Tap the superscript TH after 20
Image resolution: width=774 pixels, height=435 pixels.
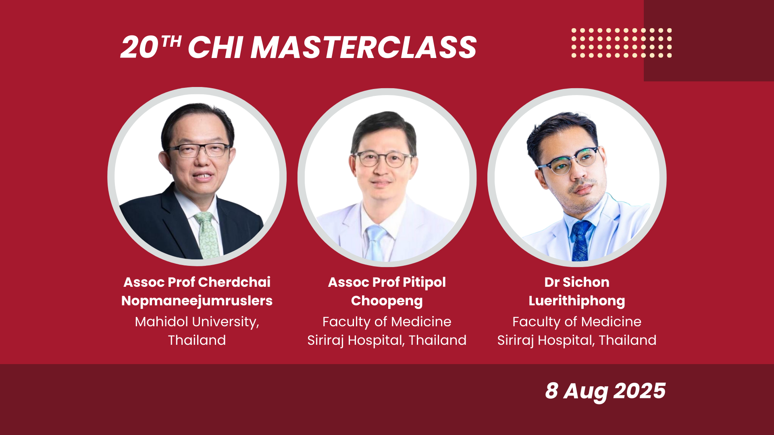tap(171, 41)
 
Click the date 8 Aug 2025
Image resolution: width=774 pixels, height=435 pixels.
tap(605, 391)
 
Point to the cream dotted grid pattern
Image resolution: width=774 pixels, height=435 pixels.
tap(621, 43)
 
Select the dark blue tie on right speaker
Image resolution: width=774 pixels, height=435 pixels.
tap(580, 242)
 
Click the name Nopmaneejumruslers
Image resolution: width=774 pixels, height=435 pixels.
tap(197, 301)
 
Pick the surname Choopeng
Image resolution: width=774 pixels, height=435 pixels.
tap(387, 301)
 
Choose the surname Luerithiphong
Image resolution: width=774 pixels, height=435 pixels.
tap(576, 301)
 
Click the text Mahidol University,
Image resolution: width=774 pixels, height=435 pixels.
tap(197, 322)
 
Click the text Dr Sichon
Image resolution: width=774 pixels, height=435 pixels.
tap(576, 282)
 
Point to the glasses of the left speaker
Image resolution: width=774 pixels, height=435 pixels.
tap(199, 150)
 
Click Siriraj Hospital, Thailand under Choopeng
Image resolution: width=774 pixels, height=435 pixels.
tap(387, 340)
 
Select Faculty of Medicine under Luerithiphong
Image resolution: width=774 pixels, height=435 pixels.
tap(576, 322)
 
